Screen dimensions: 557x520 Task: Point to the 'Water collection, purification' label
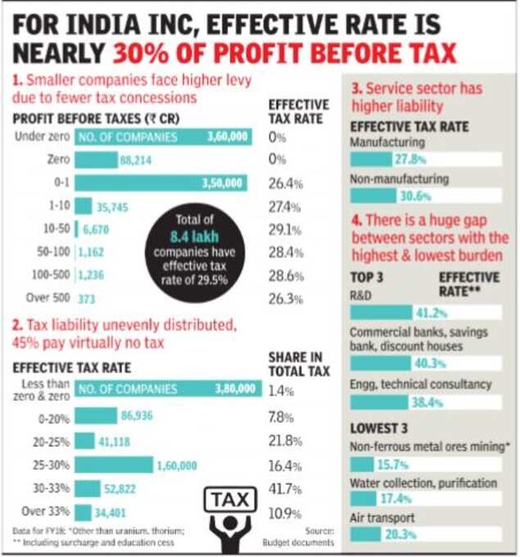click(x=423, y=482)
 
